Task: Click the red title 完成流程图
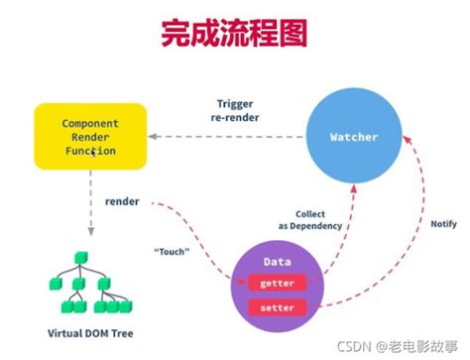click(x=235, y=34)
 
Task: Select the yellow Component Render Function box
click(x=89, y=136)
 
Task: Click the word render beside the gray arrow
click(x=122, y=201)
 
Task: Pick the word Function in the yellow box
click(x=89, y=152)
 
